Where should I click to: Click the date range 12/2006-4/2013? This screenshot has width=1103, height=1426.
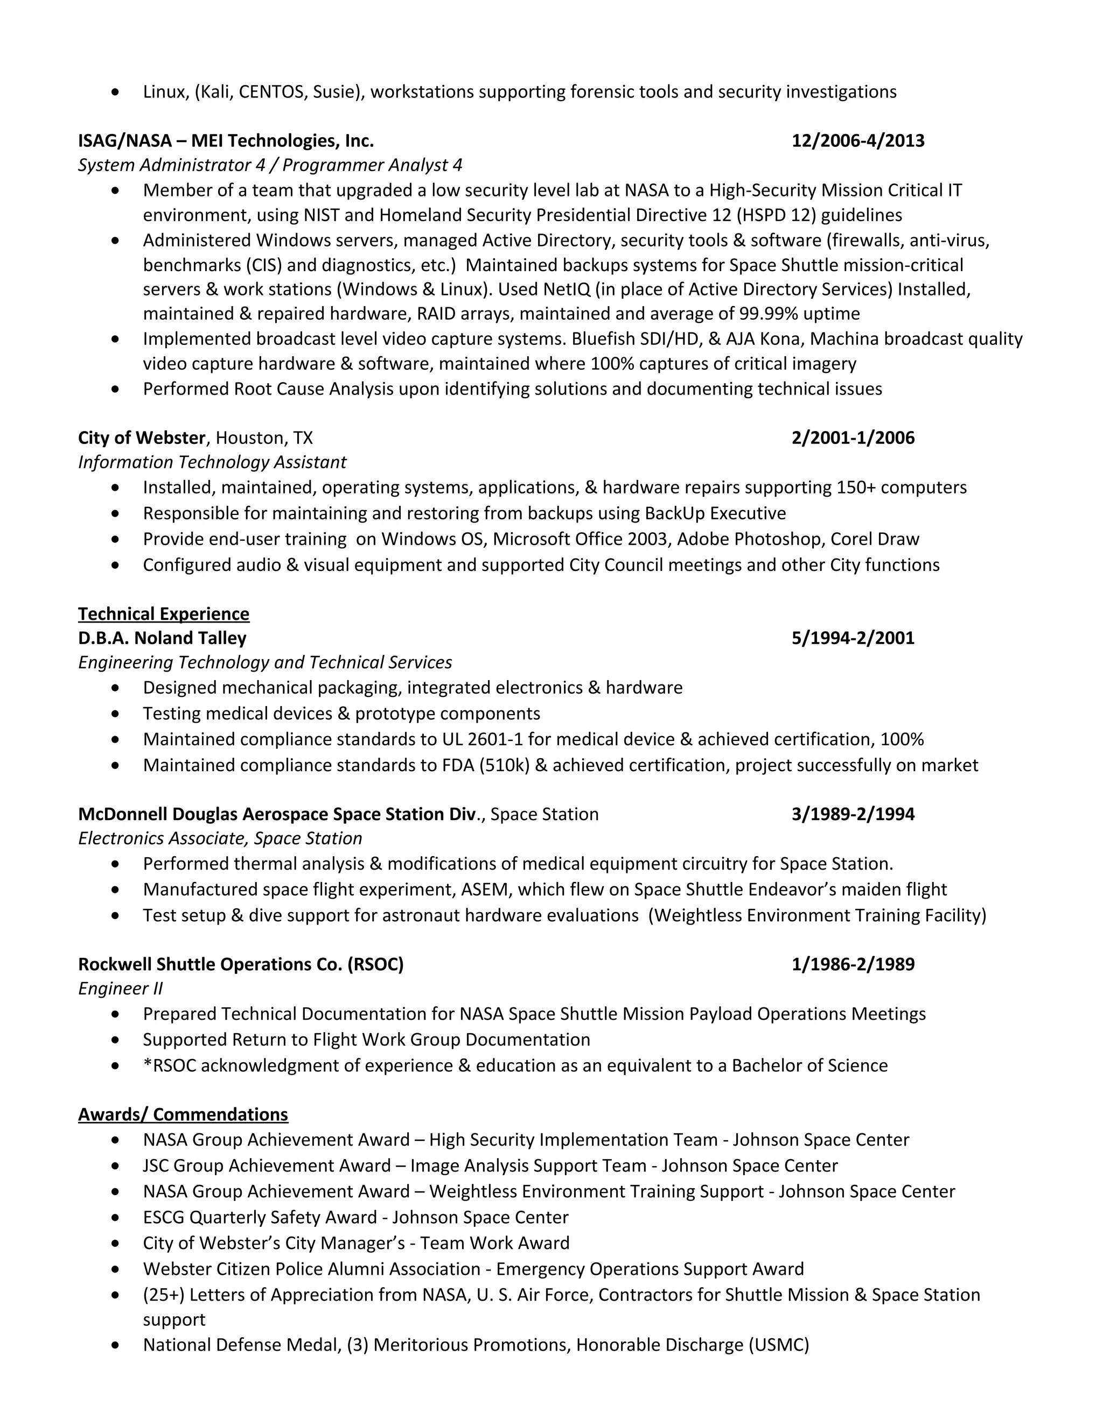[857, 141]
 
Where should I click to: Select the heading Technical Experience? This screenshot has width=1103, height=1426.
[163, 614]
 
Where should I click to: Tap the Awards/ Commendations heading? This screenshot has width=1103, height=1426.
[183, 1114]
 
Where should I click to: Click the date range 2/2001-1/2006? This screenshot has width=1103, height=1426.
[853, 437]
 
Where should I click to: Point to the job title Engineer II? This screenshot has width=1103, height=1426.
[120, 989]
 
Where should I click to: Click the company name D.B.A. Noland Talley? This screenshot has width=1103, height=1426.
[162, 638]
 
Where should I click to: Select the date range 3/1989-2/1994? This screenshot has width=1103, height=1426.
[853, 814]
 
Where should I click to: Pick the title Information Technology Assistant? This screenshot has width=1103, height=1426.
[212, 462]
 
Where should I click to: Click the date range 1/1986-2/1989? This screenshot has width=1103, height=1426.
[853, 964]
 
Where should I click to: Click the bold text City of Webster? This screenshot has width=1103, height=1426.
[142, 437]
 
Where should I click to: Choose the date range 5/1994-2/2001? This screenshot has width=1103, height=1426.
[853, 638]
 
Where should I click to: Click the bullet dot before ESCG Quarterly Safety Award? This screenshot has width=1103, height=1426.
[116, 1218]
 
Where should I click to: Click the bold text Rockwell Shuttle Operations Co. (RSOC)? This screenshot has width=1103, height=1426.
[240, 964]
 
